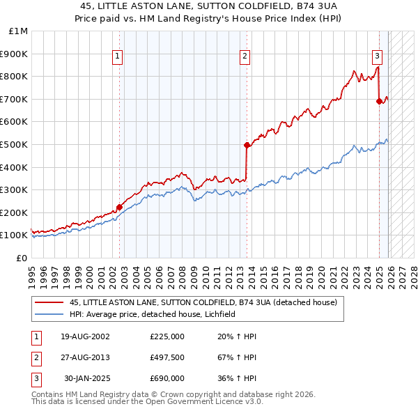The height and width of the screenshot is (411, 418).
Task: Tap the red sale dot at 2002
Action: point(119,206)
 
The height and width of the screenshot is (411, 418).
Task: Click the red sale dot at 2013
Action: point(247,145)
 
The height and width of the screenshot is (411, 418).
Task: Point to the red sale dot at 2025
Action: point(380,101)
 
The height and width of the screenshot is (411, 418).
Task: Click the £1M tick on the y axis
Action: point(19,31)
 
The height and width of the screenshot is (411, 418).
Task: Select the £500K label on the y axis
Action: point(15,144)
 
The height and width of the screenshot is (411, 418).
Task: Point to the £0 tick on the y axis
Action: point(22,258)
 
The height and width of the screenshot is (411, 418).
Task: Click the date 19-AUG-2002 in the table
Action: point(86,336)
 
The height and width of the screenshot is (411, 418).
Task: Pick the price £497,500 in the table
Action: point(167,357)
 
